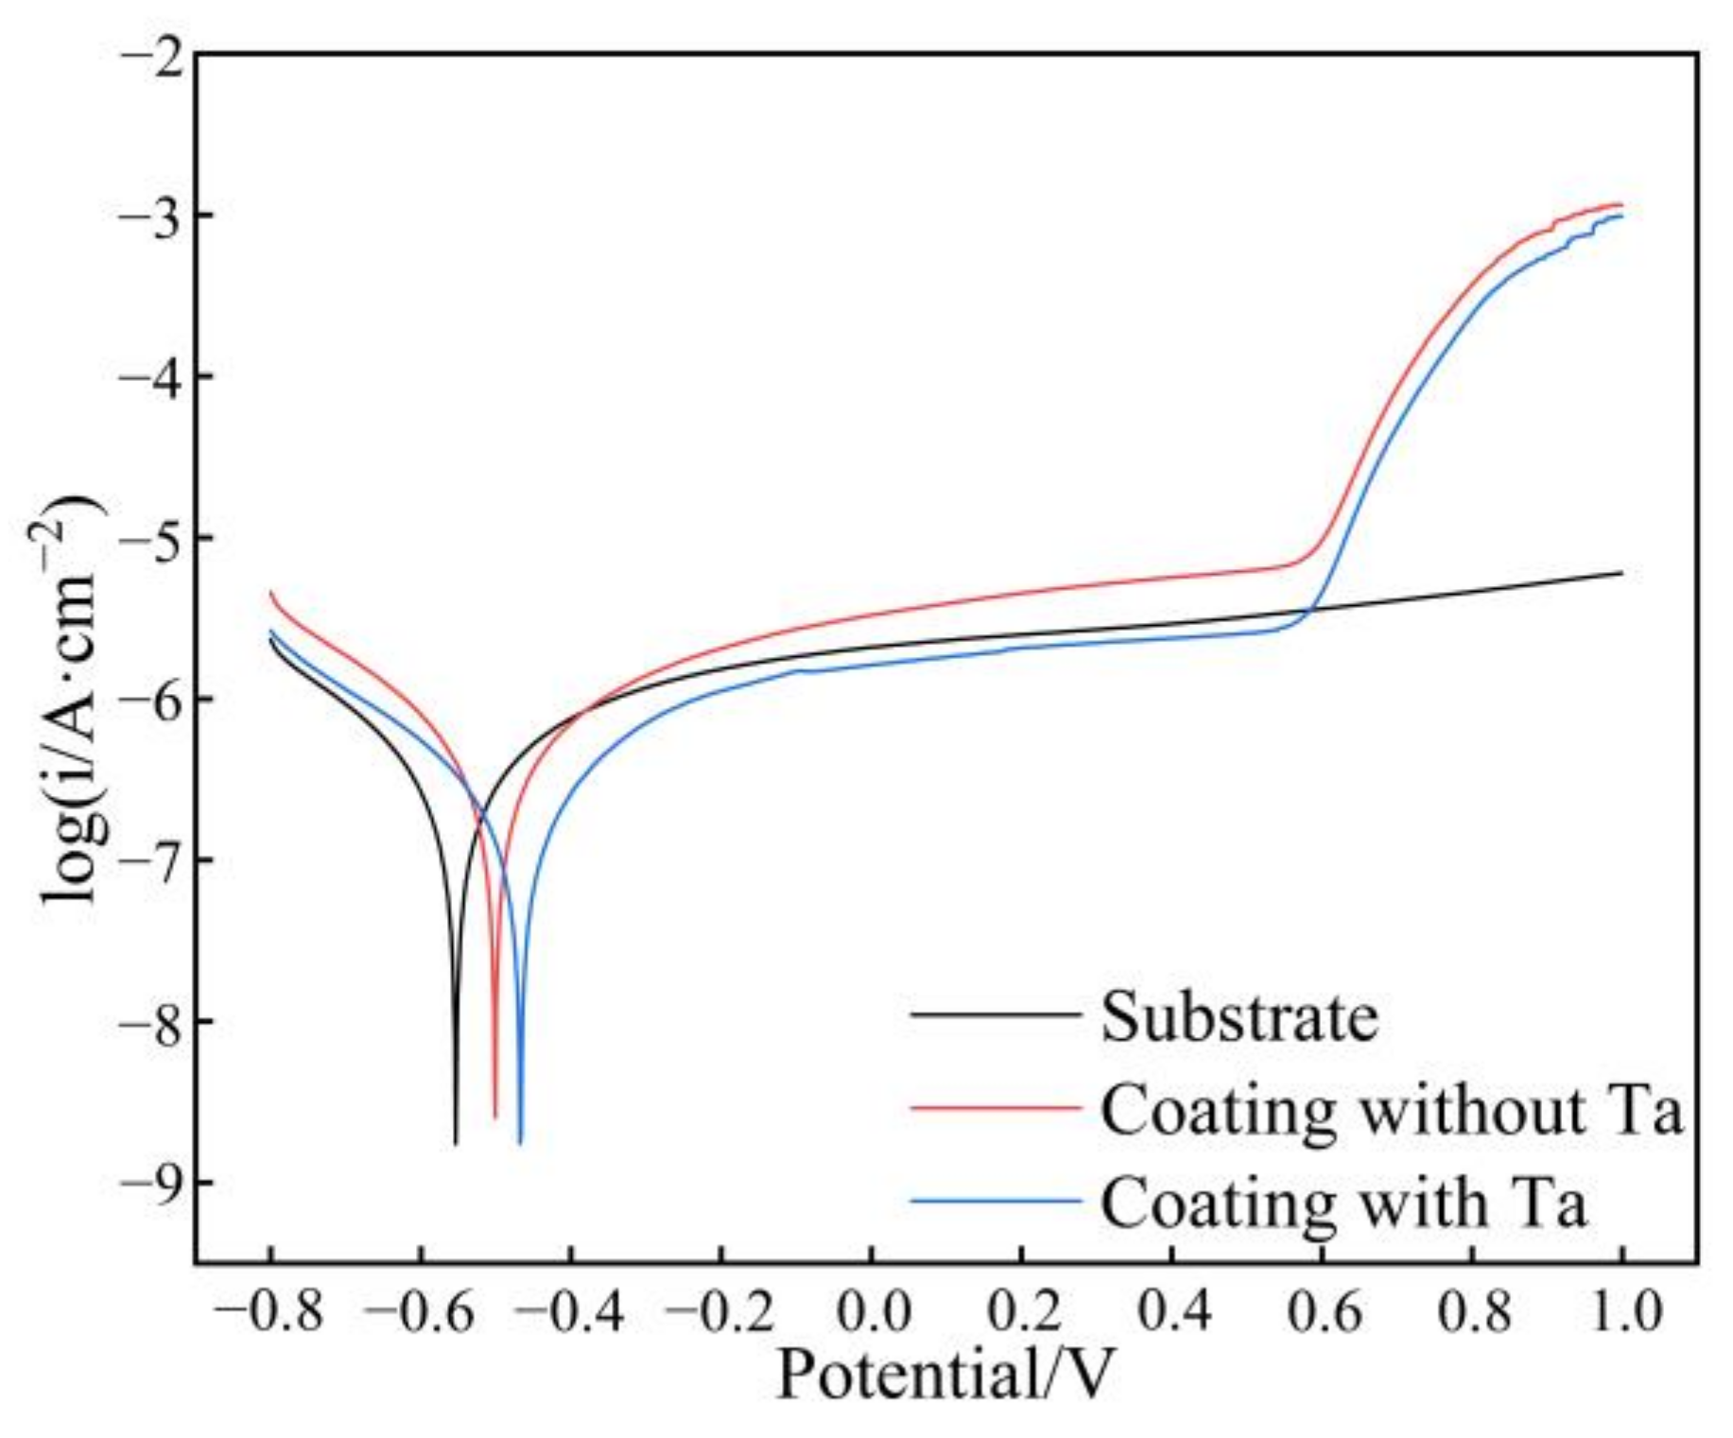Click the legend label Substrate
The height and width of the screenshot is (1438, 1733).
click(1239, 1018)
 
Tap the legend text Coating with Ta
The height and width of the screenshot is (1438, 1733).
click(1343, 1204)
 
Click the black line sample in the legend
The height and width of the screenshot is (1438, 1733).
click(995, 1014)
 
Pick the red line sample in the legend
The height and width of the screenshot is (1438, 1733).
click(995, 1106)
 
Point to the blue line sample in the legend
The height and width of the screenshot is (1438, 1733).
click(995, 1201)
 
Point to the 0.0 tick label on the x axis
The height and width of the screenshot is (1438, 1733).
click(872, 1312)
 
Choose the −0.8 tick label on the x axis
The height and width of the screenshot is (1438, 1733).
click(269, 1312)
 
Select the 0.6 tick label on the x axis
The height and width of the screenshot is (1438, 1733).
click(1322, 1312)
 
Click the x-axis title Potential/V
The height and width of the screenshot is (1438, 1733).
click(945, 1375)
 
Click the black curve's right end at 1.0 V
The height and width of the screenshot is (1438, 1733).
click(1621, 573)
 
